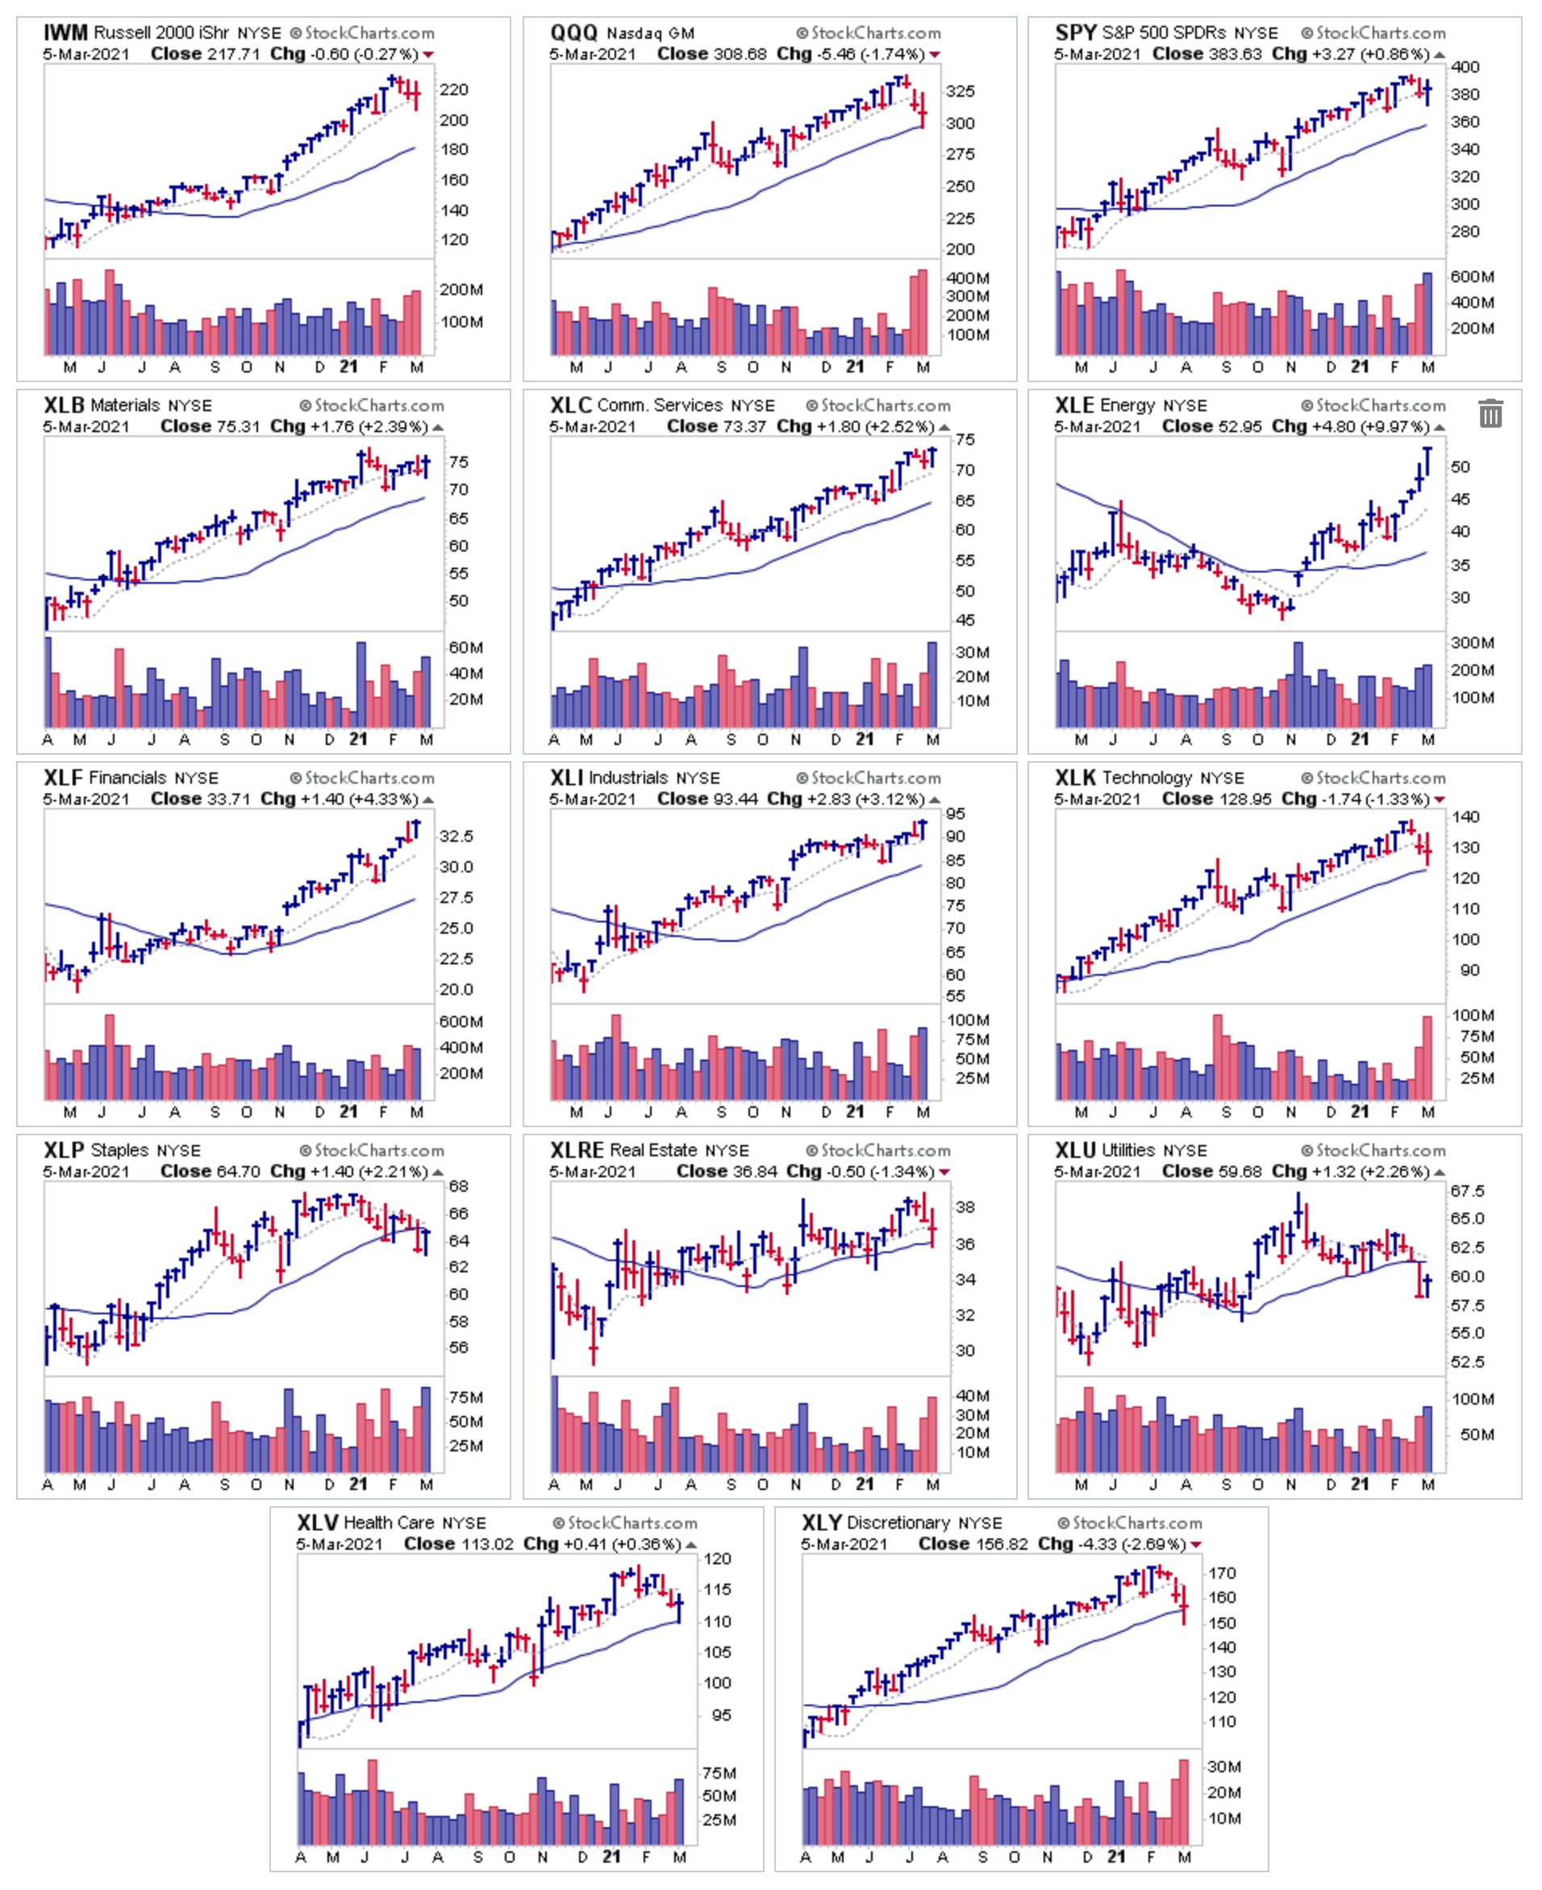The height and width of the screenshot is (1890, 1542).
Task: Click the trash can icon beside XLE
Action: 1490,413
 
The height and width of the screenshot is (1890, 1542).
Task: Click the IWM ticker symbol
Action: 66,33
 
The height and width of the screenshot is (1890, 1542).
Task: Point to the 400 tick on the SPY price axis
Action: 1465,67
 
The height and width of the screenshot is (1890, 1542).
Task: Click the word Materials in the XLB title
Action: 125,406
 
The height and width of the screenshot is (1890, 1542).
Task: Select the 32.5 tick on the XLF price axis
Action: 456,836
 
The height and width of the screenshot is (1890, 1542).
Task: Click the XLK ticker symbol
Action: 1075,778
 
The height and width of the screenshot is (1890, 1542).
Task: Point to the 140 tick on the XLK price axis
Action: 1465,816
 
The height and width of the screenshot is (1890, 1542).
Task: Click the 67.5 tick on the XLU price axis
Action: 1466,1190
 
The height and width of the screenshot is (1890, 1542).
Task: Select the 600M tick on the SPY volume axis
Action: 1471,277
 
